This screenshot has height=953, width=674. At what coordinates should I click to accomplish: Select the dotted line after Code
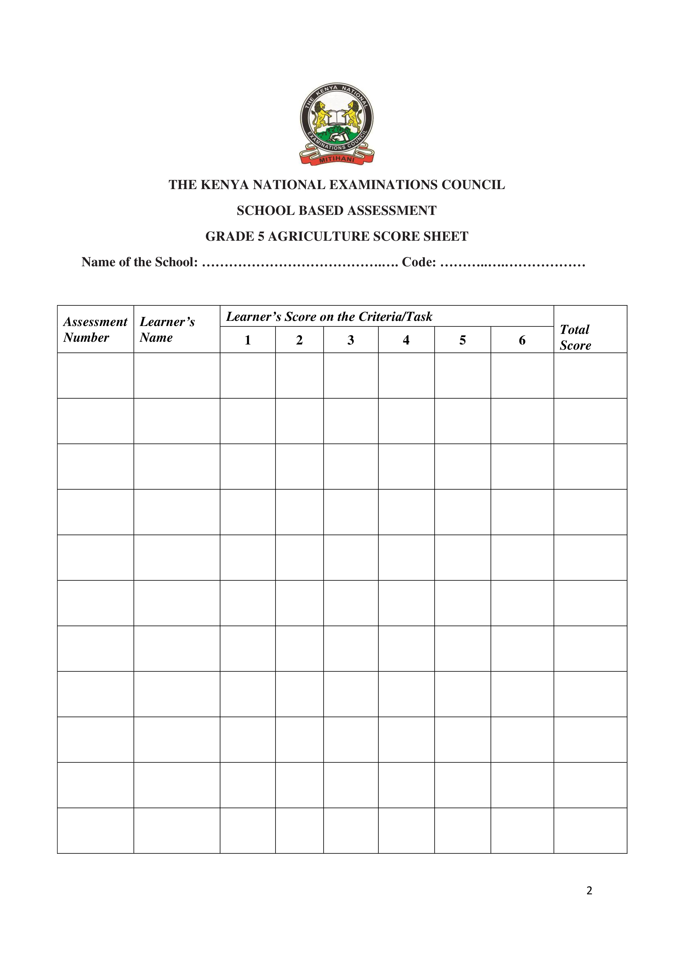[x=513, y=262]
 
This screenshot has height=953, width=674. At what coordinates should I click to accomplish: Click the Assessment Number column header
[x=95, y=330]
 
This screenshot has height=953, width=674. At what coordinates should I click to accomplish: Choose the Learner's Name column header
[x=167, y=330]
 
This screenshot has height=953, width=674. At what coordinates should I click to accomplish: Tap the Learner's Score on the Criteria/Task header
[x=329, y=317]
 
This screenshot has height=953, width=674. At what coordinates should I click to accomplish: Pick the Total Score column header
[x=575, y=337]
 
